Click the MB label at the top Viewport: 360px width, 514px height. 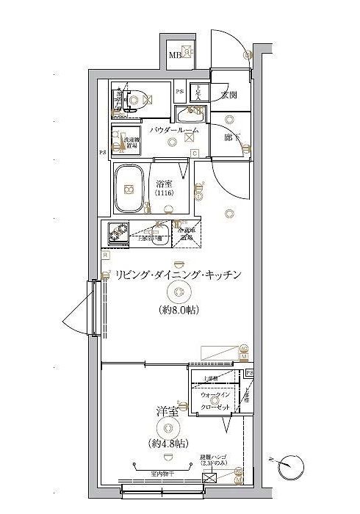coord(176,55)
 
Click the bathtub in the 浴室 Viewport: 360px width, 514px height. coord(131,189)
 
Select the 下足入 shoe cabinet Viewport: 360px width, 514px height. coord(198,93)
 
